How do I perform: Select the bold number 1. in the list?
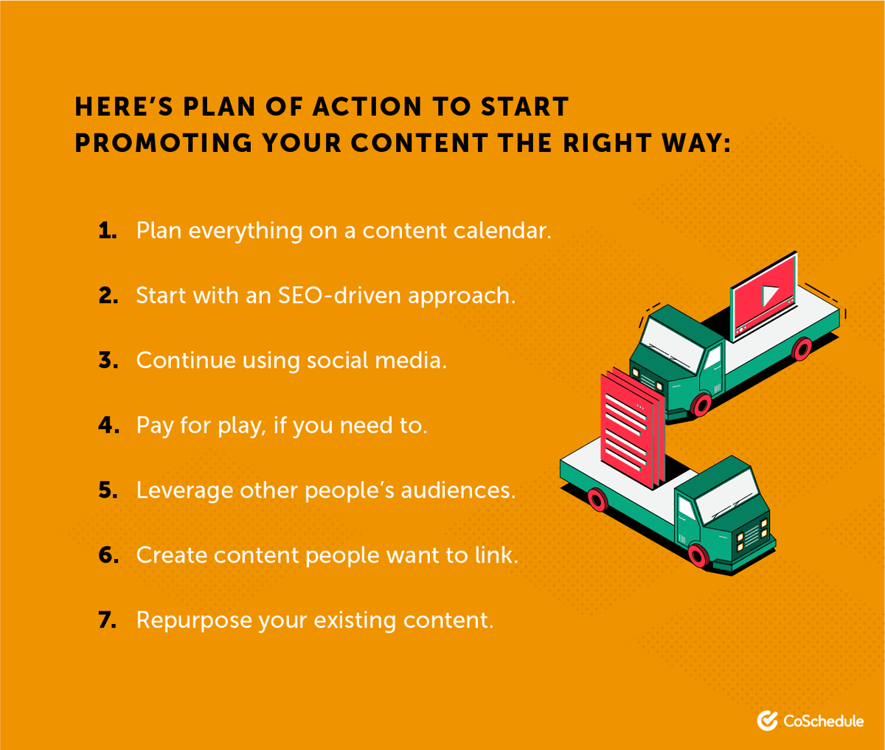[x=108, y=231]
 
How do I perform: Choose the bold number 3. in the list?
[x=108, y=361]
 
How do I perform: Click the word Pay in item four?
[x=154, y=426]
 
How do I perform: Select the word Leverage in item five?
[x=184, y=491]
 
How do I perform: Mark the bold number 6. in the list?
[x=108, y=555]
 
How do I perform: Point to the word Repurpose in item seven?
[x=194, y=621]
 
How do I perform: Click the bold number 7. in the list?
[x=108, y=620]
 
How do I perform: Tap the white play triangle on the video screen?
[x=770, y=296]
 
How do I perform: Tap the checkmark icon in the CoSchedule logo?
[x=767, y=721]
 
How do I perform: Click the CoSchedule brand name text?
[x=823, y=721]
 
